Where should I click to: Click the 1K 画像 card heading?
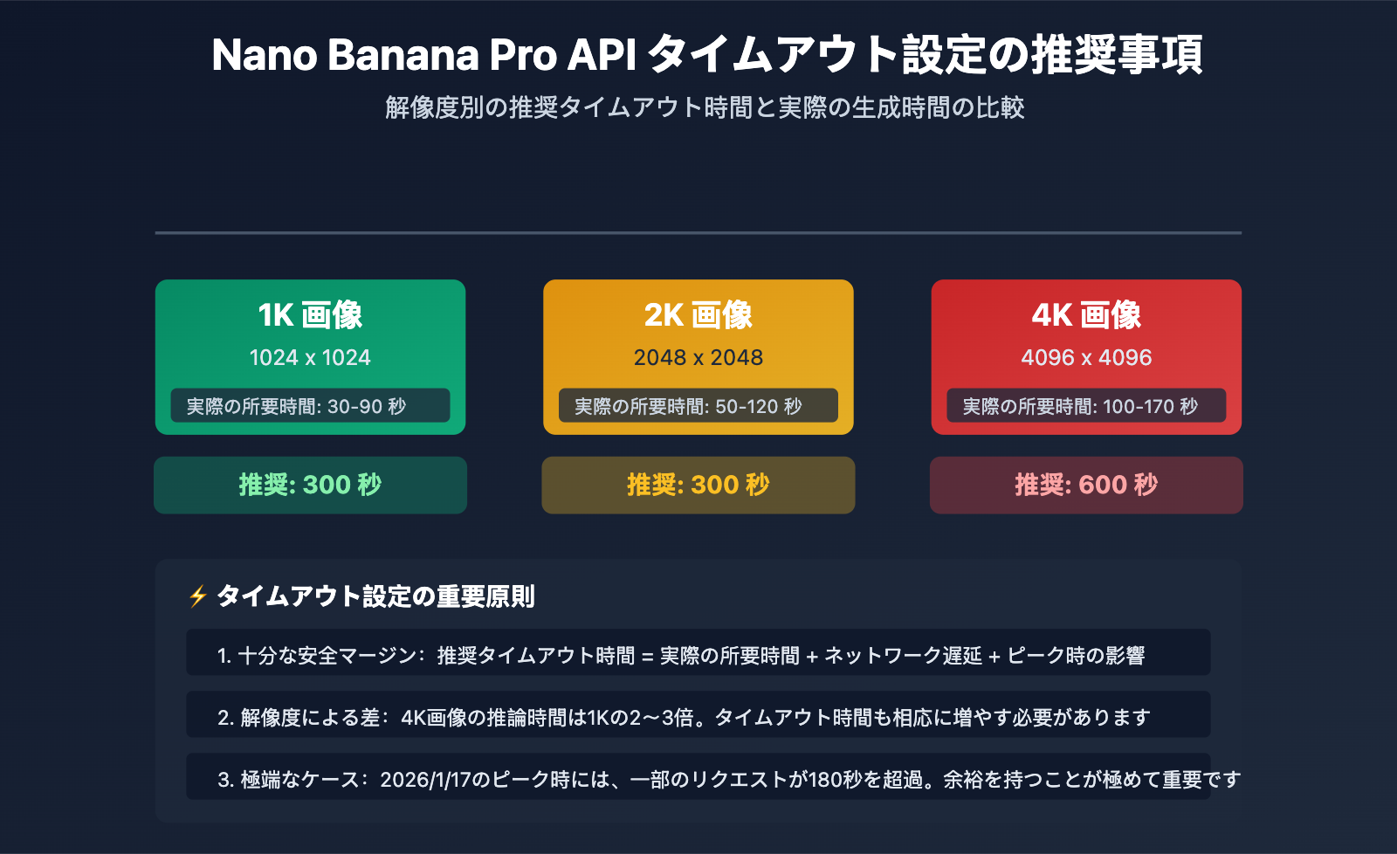coord(310,315)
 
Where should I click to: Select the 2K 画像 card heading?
coord(698,315)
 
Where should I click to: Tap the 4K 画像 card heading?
coord(1086,315)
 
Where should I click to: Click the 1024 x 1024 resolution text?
coord(310,357)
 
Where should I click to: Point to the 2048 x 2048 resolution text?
coord(698,357)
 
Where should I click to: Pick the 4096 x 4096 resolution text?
coord(1086,357)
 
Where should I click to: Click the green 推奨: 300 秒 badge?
coord(310,485)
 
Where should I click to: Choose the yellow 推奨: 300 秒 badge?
coord(698,485)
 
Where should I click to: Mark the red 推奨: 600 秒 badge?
coord(1086,485)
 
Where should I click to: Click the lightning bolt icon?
coord(198,596)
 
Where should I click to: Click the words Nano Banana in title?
coord(345,55)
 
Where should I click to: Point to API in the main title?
coord(602,55)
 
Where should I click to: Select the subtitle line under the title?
coord(705,107)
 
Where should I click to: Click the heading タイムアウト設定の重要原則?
coord(375,596)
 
